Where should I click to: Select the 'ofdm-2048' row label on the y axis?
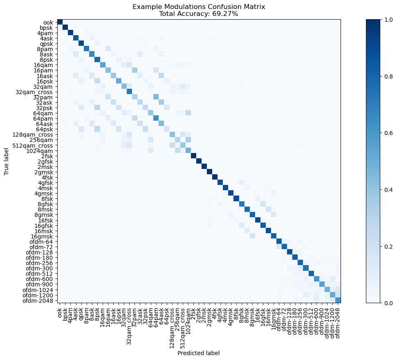(40, 300)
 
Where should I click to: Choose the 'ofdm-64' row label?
(43, 241)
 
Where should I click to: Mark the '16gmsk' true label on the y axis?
(43, 236)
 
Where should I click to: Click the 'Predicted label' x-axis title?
(198, 353)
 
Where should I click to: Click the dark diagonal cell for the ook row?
(60, 22)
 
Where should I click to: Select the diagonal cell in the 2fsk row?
(193, 156)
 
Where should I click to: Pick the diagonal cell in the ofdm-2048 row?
(338, 300)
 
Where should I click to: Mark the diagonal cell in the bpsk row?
(65, 27)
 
